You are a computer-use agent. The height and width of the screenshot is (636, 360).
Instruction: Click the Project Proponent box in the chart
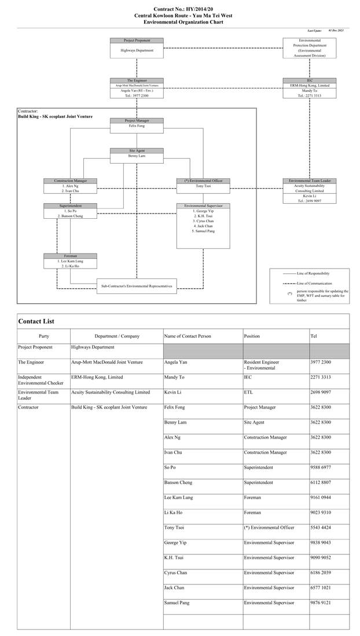point(137,47)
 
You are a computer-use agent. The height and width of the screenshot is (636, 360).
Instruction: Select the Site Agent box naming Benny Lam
point(137,154)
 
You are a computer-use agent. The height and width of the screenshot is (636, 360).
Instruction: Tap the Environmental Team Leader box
point(309,190)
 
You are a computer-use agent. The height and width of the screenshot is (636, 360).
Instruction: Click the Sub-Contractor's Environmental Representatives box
point(137,286)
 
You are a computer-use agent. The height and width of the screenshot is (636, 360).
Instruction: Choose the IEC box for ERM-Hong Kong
point(309,87)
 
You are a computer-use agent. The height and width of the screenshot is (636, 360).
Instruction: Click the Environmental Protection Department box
point(309,48)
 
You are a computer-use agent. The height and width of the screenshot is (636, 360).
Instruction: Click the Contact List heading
point(36,321)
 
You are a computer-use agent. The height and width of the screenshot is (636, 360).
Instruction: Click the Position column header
point(252,336)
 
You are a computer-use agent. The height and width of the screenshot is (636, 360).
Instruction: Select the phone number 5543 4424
point(321,527)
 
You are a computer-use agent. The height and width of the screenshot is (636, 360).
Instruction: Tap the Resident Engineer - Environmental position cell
point(262,365)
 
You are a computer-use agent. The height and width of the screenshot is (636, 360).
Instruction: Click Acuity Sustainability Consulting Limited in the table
point(111,392)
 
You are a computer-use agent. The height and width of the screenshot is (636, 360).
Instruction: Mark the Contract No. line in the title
point(179,10)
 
